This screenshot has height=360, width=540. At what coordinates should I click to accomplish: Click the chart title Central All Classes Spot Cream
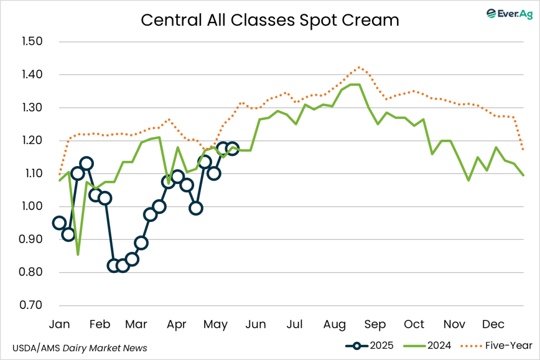(269, 20)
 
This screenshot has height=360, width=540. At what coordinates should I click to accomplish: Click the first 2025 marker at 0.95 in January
(59, 222)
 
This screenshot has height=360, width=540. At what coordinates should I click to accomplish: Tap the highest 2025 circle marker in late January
(86, 163)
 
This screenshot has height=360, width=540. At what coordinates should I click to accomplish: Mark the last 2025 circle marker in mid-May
(232, 149)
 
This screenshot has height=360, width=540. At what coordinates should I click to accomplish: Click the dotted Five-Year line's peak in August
(359, 67)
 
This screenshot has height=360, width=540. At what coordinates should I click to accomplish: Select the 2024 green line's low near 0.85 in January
(78, 255)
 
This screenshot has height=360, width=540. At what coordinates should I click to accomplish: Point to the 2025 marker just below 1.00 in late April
(196, 208)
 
